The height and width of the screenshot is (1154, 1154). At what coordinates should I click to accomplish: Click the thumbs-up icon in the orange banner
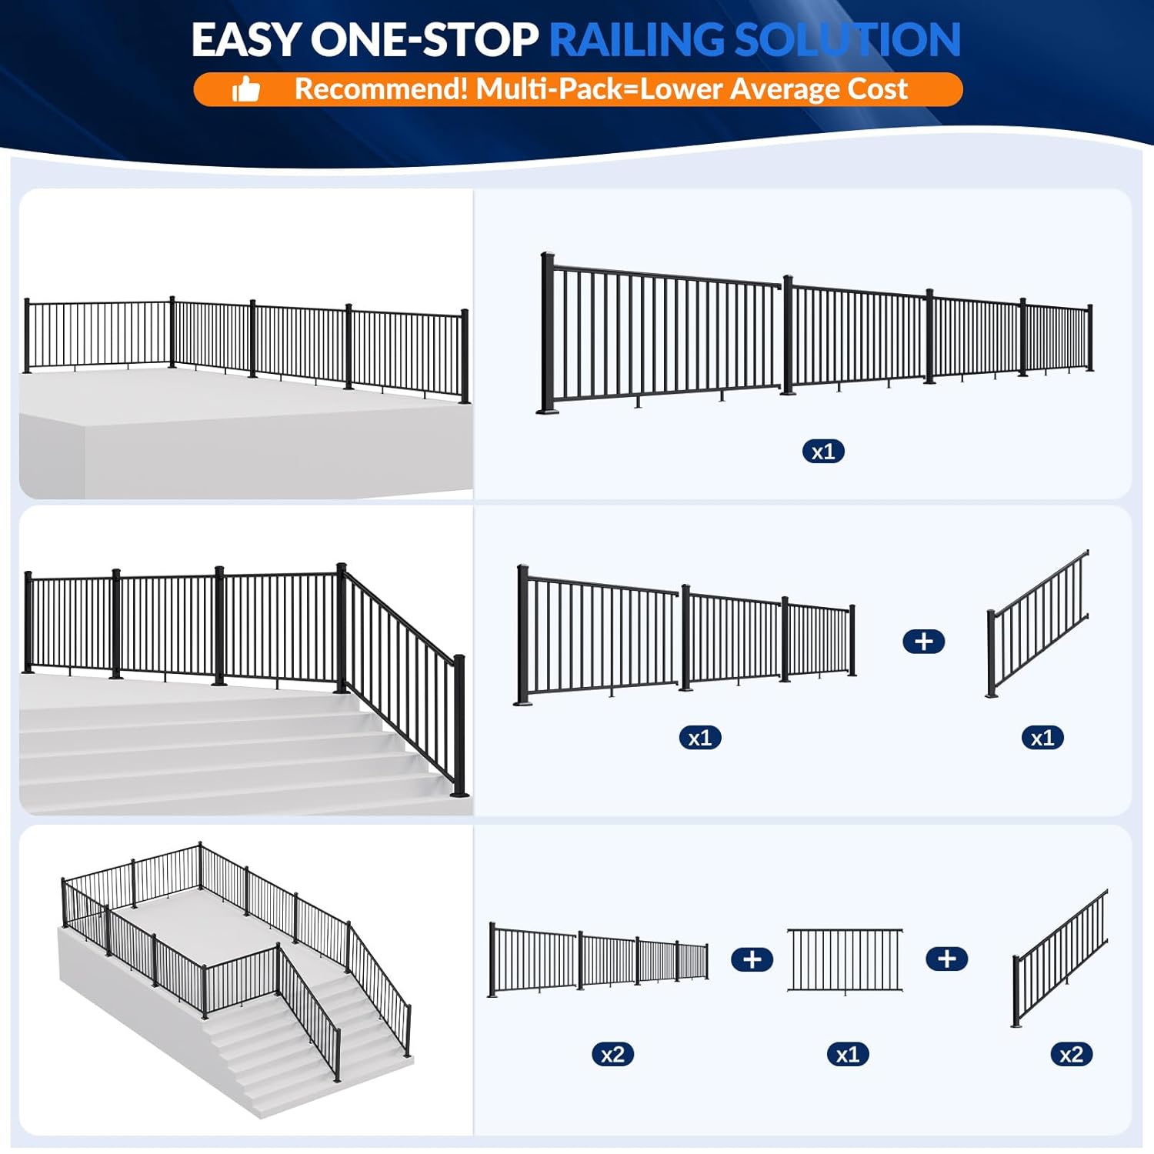[246, 90]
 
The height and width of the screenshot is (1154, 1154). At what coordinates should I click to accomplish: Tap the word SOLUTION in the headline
[847, 40]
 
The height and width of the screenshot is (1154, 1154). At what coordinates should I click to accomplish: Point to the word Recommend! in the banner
[381, 89]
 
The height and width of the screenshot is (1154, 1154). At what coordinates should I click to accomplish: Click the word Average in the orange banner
[784, 89]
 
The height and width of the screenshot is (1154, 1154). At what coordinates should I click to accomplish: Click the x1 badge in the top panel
[822, 452]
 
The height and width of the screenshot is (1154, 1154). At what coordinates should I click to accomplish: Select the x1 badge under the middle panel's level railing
[699, 738]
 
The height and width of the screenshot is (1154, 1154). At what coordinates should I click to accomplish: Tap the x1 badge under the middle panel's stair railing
[1042, 738]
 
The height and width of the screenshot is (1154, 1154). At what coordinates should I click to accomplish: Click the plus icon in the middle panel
[923, 642]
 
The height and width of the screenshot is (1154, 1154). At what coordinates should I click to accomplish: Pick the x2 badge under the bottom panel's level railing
[612, 1054]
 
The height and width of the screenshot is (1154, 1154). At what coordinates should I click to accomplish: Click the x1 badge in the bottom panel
[847, 1054]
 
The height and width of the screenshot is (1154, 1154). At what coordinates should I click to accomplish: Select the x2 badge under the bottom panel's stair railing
[1071, 1054]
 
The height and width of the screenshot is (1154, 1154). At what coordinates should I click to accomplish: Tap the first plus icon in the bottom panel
[752, 959]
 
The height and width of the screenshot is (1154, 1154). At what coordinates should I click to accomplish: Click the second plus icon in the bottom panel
[946, 959]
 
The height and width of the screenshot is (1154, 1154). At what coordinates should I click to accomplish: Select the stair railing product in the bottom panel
[1060, 959]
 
